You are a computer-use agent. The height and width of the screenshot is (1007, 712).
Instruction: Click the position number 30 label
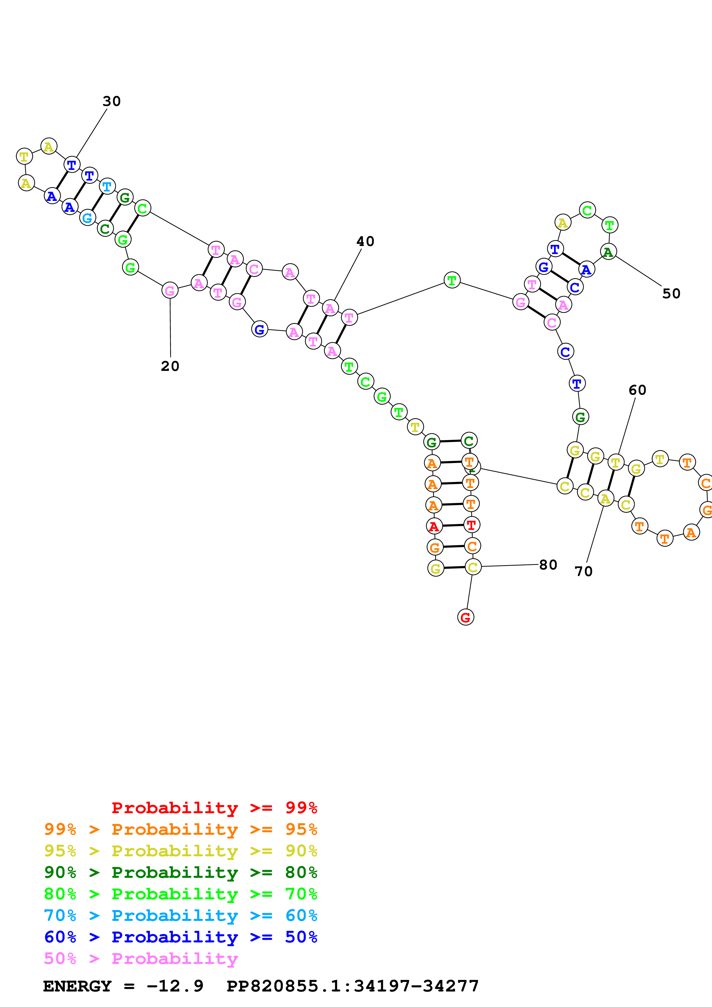pyautogui.click(x=111, y=101)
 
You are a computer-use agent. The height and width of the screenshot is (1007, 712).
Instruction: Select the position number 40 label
pyautogui.click(x=365, y=241)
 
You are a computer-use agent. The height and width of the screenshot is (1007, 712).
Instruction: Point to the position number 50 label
pyautogui.click(x=671, y=293)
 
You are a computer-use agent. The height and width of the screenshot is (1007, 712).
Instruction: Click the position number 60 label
pyautogui.click(x=637, y=390)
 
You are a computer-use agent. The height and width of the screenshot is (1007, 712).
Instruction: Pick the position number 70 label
pyautogui.click(x=583, y=571)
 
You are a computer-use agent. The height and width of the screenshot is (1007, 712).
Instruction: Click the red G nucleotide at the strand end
pyautogui.click(x=466, y=617)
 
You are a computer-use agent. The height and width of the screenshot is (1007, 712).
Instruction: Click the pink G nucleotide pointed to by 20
pyautogui.click(x=170, y=290)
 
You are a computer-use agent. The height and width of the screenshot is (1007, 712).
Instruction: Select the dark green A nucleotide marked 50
pyautogui.click(x=608, y=252)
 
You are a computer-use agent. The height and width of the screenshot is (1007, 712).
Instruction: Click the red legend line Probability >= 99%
pyautogui.click(x=214, y=808)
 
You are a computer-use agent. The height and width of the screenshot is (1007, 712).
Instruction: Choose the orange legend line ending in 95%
pyautogui.click(x=180, y=829)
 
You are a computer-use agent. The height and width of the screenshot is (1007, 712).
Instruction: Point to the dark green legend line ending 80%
pyautogui.click(x=180, y=872)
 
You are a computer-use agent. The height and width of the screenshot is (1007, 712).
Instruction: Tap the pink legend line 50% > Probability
pyautogui.click(x=141, y=958)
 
